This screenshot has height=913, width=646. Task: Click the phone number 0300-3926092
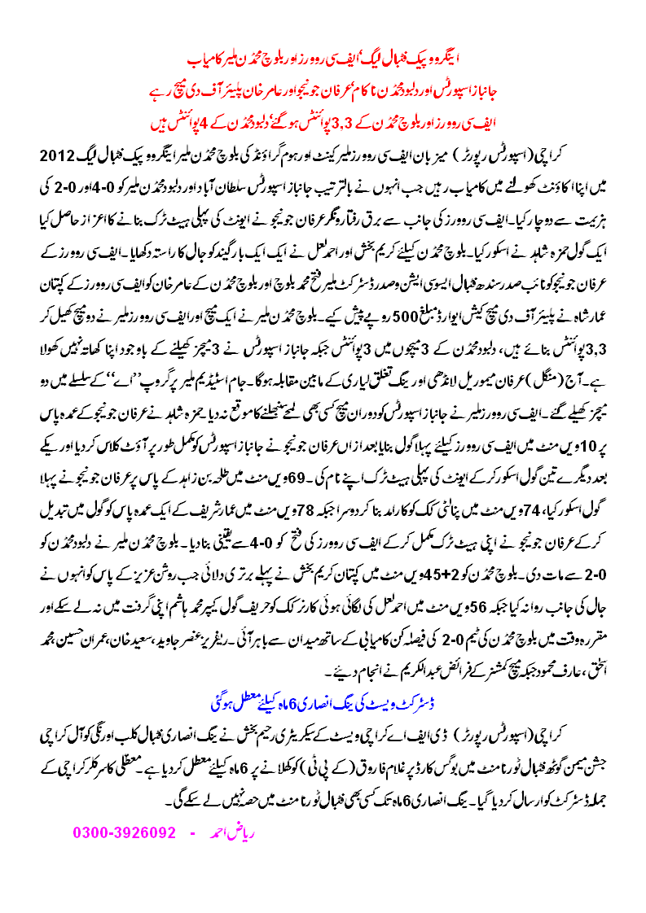(125, 833)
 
